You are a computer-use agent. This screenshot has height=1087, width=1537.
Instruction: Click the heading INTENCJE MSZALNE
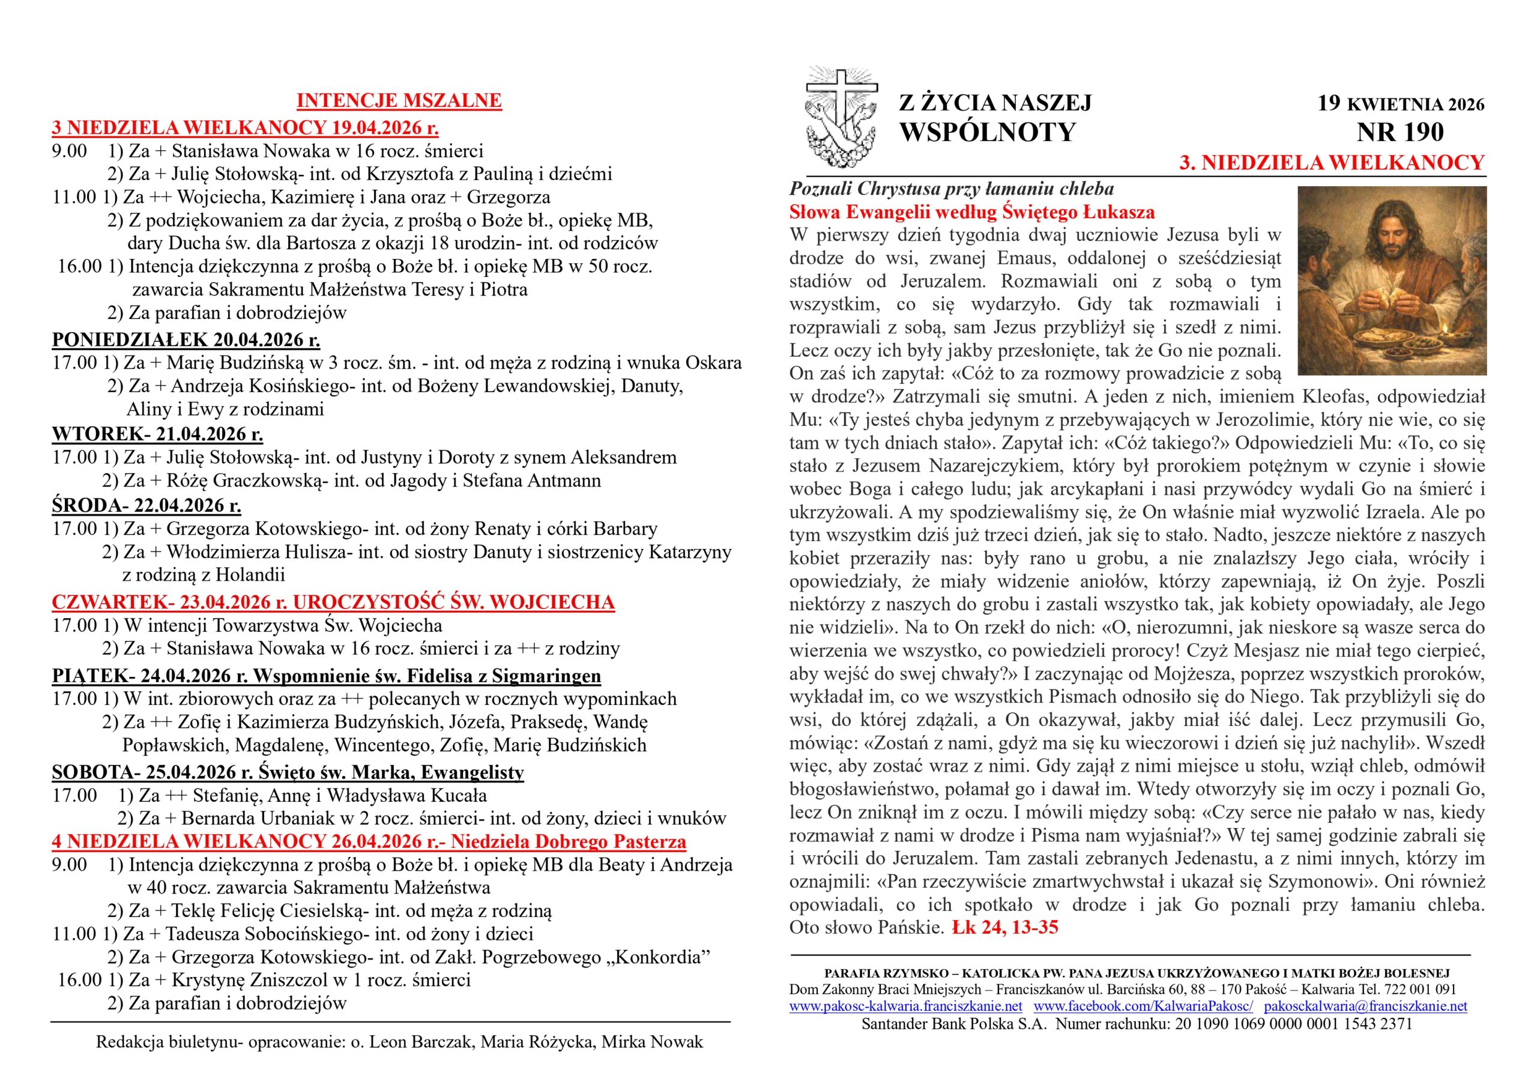tap(399, 101)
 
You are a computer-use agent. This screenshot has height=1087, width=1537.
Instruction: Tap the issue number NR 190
tap(1401, 133)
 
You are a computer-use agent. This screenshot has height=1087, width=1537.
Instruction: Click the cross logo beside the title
tap(841, 118)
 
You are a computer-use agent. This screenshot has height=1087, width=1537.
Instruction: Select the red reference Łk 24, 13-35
tap(1005, 928)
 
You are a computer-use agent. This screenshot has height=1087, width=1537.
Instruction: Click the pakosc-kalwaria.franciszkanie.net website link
tap(906, 1007)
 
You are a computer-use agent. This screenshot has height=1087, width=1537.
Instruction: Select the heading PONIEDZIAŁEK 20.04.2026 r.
tap(186, 341)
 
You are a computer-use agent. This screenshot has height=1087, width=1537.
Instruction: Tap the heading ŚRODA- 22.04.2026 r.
tap(146, 506)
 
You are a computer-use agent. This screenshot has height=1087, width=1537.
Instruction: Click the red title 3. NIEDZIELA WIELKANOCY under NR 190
tap(1332, 163)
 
